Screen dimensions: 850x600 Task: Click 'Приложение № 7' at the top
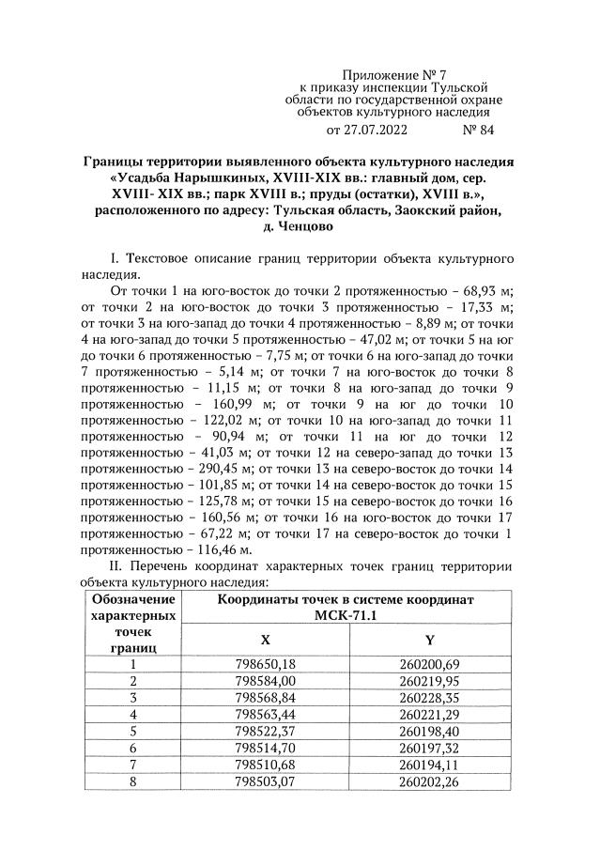tap(387, 73)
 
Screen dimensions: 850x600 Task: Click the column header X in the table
tap(265, 639)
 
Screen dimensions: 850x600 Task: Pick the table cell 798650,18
tap(265, 665)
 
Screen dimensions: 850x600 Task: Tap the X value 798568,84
tap(265, 698)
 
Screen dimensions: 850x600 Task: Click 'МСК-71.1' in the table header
tap(346, 614)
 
